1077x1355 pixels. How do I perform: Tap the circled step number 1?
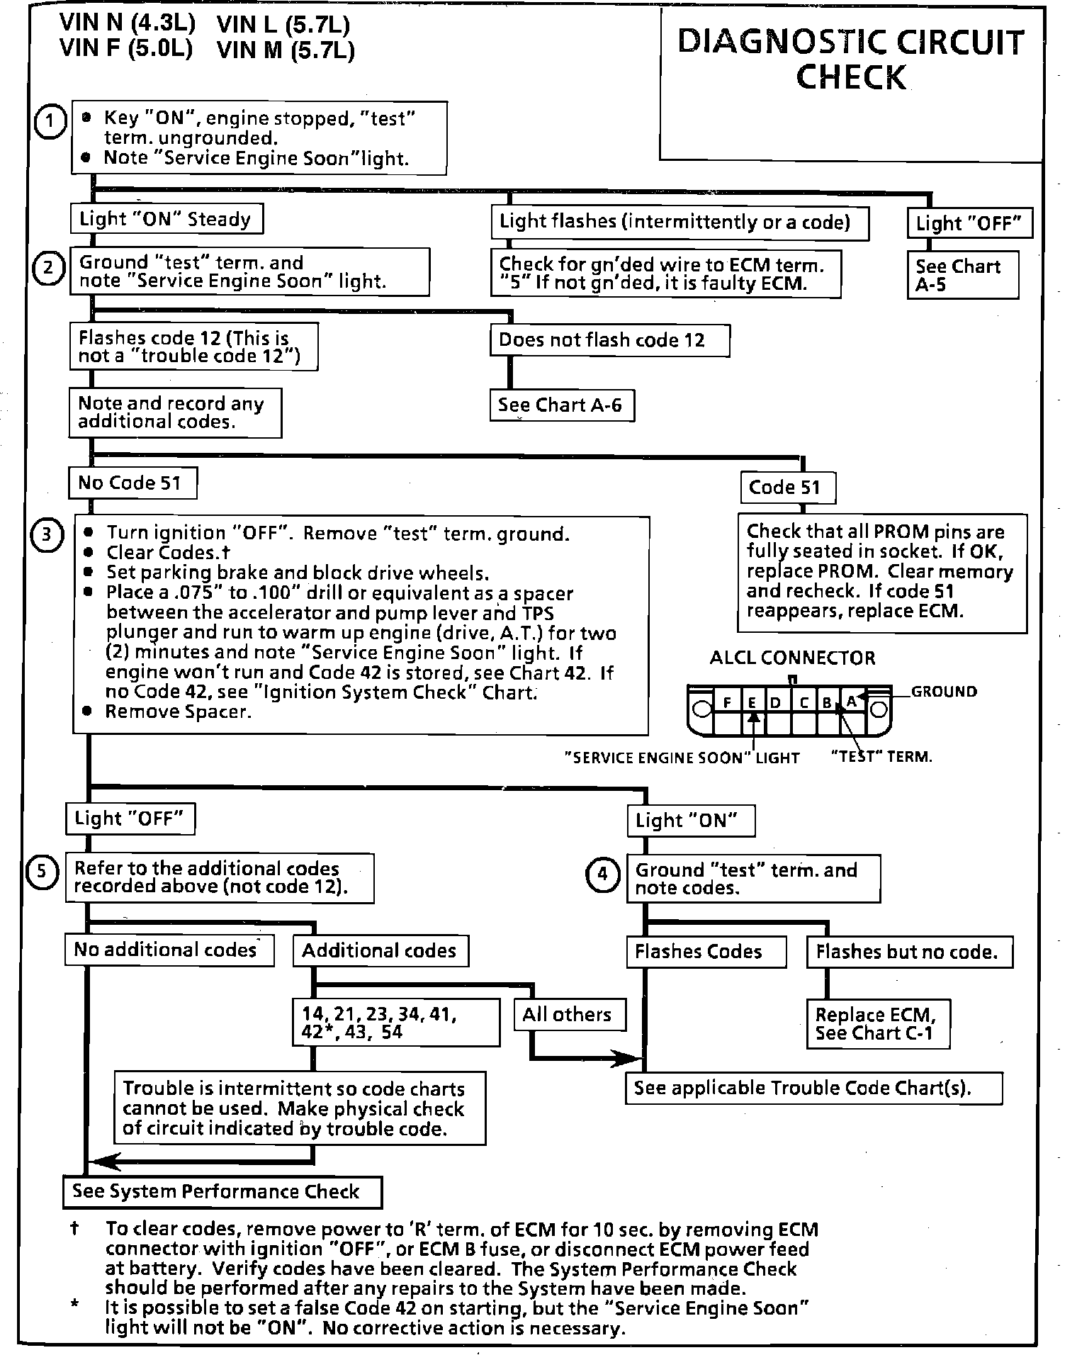(49, 123)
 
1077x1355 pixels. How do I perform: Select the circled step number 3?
(46, 534)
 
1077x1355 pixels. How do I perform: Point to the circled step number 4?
(602, 874)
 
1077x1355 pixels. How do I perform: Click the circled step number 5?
(41, 871)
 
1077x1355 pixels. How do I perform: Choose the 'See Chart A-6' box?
(560, 405)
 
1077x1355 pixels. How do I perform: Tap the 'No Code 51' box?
(131, 483)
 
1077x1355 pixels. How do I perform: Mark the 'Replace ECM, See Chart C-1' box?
(876, 1024)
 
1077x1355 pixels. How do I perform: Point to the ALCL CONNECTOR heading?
(792, 658)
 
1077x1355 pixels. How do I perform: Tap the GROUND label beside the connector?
(943, 692)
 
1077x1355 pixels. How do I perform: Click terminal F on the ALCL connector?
(727, 703)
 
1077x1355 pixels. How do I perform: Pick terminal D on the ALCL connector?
(776, 703)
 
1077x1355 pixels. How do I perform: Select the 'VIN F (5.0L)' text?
(125, 48)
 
